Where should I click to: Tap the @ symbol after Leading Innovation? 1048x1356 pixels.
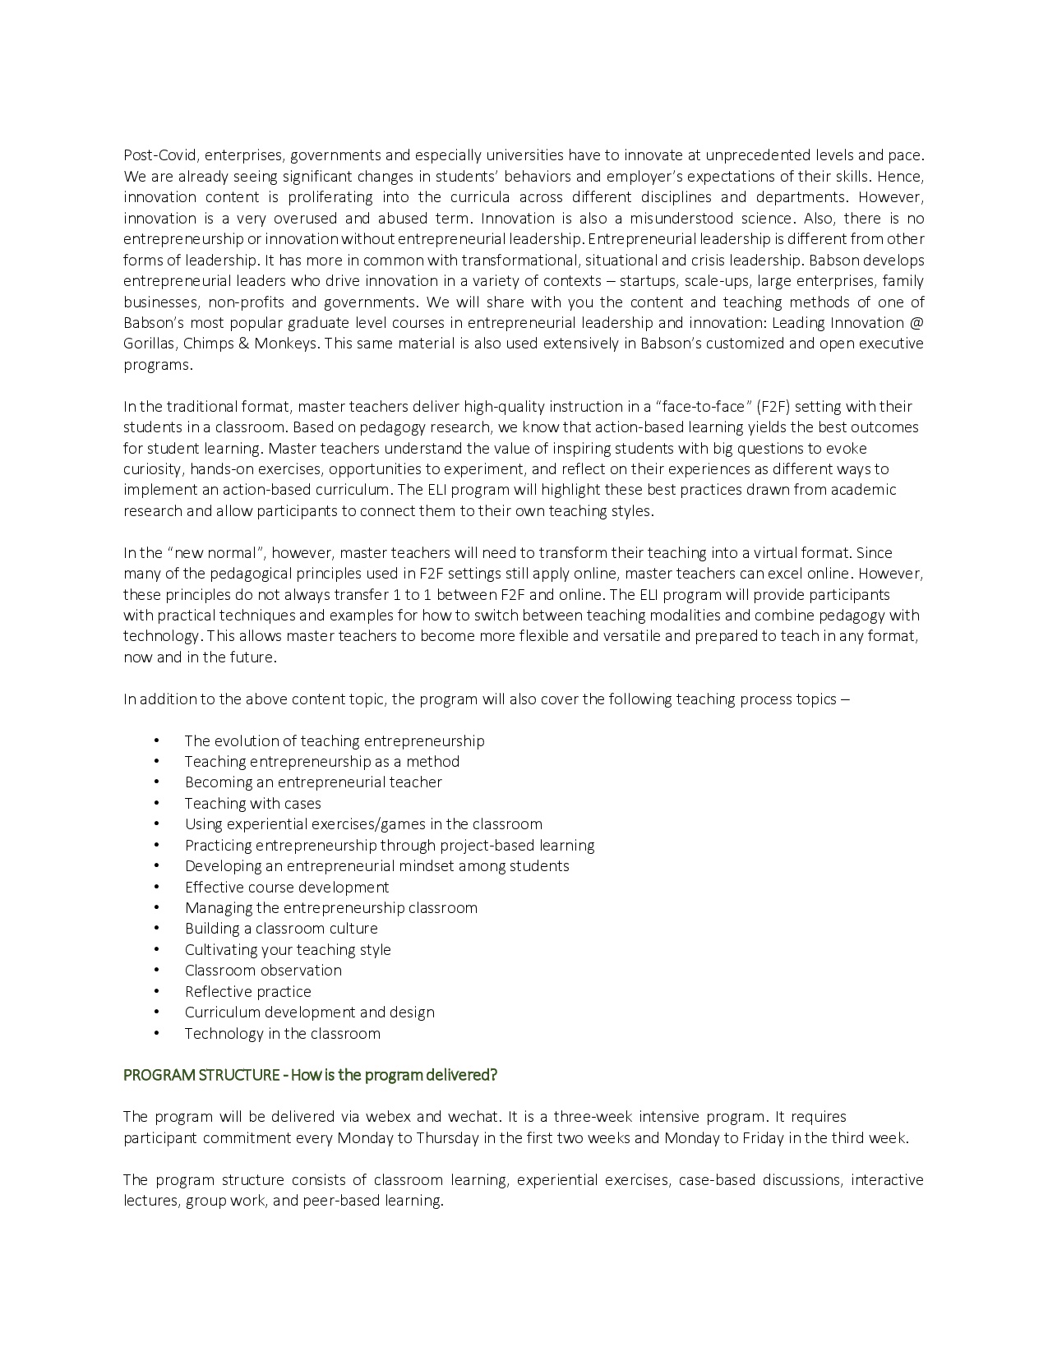point(916,323)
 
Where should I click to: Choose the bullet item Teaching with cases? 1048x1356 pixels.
point(252,804)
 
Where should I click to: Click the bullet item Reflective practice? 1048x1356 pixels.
point(247,992)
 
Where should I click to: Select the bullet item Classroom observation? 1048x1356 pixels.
point(263,971)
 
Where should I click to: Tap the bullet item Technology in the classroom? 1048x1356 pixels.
point(282,1034)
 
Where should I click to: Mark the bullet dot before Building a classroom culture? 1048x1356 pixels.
point(156,929)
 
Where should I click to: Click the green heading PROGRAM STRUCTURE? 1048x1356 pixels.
point(201,1075)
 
